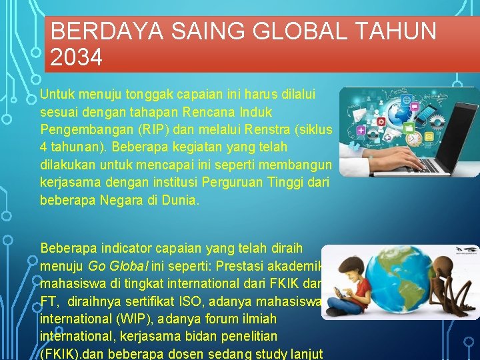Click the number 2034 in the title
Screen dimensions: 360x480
click(76, 58)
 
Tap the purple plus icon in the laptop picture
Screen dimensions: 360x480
click(361, 131)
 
